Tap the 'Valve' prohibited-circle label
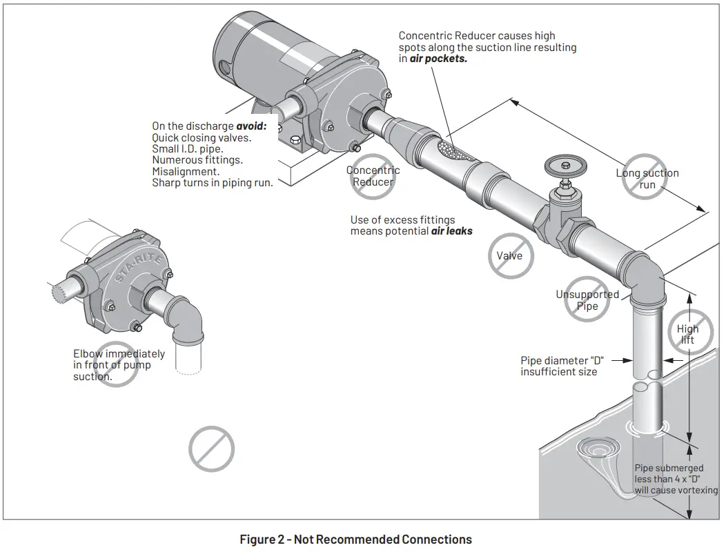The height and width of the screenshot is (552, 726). [x=510, y=256]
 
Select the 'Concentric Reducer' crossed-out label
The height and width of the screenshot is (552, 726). [x=373, y=177]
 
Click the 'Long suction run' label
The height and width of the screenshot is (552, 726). [x=647, y=179]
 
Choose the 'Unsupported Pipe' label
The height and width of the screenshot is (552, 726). [x=587, y=300]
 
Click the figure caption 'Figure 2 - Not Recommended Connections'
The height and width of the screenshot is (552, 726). [x=355, y=539]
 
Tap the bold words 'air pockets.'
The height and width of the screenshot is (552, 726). [x=438, y=59]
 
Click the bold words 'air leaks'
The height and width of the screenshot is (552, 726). [x=452, y=231]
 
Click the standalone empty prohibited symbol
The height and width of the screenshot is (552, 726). [x=212, y=449]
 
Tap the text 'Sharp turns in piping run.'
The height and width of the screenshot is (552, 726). [x=213, y=183]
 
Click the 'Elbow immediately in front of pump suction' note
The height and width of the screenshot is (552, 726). [x=119, y=365]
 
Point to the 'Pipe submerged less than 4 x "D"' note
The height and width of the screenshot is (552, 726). [x=676, y=479]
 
